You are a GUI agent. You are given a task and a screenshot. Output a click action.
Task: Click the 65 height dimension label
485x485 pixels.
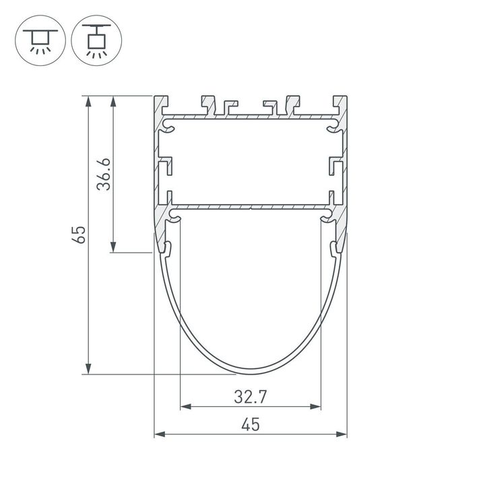[x=80, y=234]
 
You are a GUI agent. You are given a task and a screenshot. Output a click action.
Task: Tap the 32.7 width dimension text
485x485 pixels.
[x=251, y=397]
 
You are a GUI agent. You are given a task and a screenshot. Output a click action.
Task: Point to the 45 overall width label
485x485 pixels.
[x=251, y=424]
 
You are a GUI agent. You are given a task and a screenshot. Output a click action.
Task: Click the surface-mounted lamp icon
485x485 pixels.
[x=40, y=40]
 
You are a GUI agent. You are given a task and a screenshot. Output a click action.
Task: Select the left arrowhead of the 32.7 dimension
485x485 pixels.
[x=185, y=406]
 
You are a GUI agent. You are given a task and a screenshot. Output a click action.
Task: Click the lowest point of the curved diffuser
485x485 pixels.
[x=251, y=370]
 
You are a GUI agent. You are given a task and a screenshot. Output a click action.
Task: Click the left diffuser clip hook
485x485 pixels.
[x=166, y=249]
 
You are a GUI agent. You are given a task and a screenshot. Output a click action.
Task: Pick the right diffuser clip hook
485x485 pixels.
[x=334, y=249]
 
